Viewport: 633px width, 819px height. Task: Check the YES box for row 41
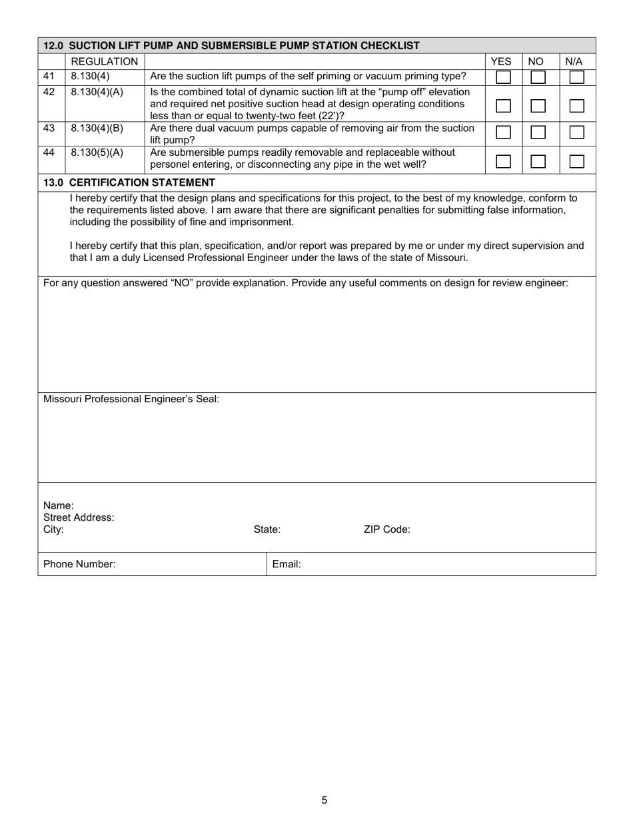[504, 77]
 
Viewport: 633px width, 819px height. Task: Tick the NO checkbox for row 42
[538, 106]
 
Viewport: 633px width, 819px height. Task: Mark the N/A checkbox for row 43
[577, 133]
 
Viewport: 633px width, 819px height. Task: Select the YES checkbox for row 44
[504, 161]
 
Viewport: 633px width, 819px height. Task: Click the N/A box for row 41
[577, 77]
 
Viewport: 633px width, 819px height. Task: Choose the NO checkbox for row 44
[538, 161]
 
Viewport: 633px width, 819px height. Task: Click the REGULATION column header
[104, 62]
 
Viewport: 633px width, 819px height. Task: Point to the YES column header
[501, 62]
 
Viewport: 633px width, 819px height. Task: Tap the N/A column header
[574, 62]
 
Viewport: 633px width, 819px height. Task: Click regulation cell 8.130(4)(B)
[97, 128]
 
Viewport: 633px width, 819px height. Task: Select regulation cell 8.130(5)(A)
[97, 152]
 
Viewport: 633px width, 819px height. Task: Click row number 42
[49, 92]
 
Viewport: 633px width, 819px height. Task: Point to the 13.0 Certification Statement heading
[129, 182]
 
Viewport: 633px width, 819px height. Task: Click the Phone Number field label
[79, 565]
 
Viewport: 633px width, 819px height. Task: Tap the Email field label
[287, 565]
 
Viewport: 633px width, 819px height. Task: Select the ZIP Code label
[387, 530]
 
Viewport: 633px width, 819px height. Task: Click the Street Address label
[79, 517]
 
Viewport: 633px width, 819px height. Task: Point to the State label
[267, 530]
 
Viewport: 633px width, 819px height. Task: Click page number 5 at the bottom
[324, 800]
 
